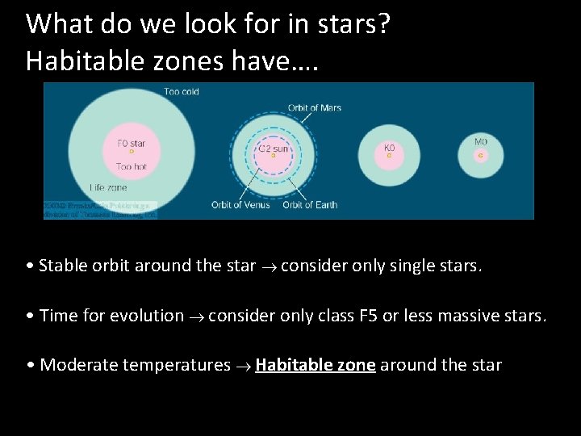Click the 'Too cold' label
182,92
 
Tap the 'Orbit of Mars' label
315,108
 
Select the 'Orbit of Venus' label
239,205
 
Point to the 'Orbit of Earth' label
310,205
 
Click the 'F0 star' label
132,144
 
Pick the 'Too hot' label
131,167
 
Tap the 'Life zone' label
107,187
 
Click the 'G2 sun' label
274,149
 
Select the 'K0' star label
389,149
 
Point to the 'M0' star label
481,143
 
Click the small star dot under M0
481,154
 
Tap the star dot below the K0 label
389,156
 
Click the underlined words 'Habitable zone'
316,365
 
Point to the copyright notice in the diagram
100,210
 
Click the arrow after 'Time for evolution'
196,317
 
